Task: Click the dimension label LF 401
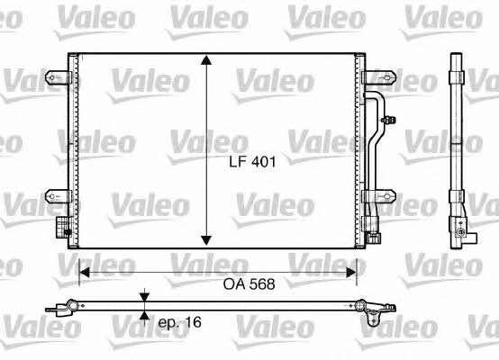pyautogui.click(x=252, y=162)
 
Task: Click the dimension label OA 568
pyautogui.click(x=249, y=284)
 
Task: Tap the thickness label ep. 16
pyautogui.click(x=180, y=322)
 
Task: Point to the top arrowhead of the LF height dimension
pyautogui.click(x=206, y=60)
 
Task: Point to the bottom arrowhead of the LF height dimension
pyautogui.click(x=206, y=240)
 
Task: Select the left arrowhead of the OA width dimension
pyautogui.click(x=84, y=273)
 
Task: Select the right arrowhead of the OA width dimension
pyautogui.click(x=351, y=273)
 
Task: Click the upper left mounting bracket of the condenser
pyautogui.click(x=58, y=77)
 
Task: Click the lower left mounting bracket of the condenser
pyautogui.click(x=58, y=196)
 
